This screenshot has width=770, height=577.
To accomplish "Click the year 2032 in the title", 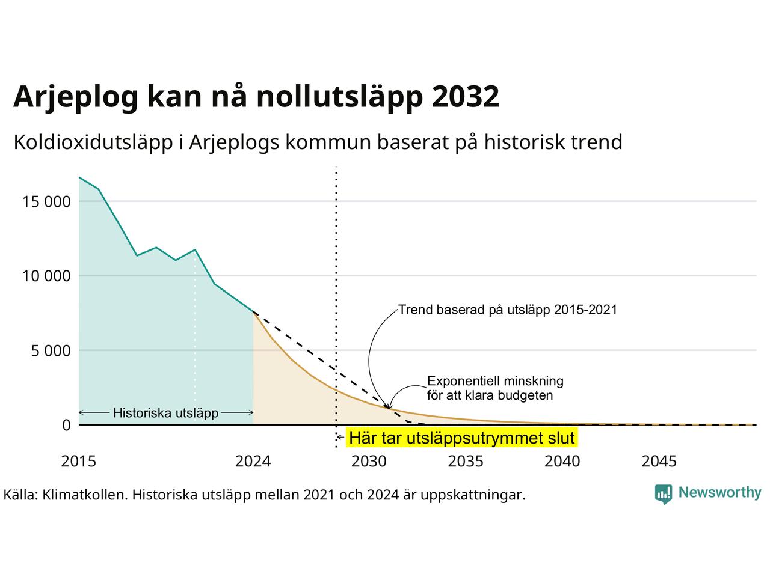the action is (x=465, y=96).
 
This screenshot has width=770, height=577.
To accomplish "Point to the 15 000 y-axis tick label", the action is (x=46, y=201).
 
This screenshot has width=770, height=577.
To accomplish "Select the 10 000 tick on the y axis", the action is (x=46, y=276).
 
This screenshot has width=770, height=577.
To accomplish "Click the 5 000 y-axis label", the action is (x=51, y=350).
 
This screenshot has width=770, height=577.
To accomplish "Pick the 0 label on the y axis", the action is (x=66, y=425).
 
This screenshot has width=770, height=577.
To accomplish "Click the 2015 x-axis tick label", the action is (x=79, y=462).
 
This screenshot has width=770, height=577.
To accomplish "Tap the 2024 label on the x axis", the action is (x=253, y=462).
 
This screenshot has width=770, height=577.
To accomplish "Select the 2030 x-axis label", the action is (x=369, y=462).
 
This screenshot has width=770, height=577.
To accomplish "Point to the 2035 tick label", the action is (x=466, y=462).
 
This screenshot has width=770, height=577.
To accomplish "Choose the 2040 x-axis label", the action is (x=562, y=462).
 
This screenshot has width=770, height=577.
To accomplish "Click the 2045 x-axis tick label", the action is (x=659, y=462).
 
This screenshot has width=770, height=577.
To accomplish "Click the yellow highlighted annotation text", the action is (x=461, y=438).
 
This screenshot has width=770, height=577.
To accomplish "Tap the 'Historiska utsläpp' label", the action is (x=166, y=413).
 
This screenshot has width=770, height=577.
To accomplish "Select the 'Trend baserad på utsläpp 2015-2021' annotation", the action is (x=508, y=310).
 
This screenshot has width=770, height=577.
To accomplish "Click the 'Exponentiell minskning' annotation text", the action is (x=495, y=381).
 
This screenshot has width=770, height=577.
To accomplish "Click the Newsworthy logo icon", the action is (x=664, y=494).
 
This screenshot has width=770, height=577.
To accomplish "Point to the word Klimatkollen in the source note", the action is (x=85, y=495).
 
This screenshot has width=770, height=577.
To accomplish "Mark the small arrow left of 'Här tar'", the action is (x=340, y=438).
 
